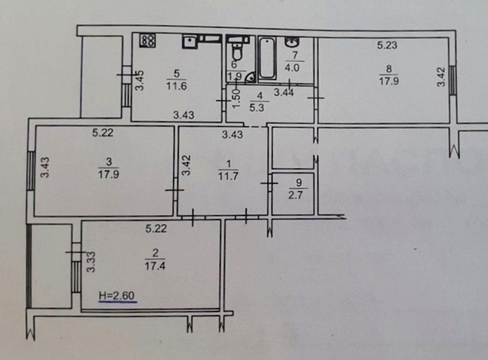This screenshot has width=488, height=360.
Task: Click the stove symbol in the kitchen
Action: pyautogui.click(x=147, y=40)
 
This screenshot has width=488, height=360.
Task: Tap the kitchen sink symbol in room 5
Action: pyautogui.click(x=190, y=42)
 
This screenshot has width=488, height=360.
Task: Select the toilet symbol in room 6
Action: pyautogui.click(x=237, y=52)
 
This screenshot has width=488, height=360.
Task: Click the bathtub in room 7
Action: pyautogui.click(x=267, y=58)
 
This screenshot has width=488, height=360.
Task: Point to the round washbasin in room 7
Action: pyautogui.click(x=292, y=42)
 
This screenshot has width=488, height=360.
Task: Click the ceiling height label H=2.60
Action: pyautogui.click(x=117, y=296)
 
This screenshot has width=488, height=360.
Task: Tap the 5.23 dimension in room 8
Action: pyautogui.click(x=387, y=45)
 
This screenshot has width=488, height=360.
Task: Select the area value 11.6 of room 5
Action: pyautogui.click(x=176, y=86)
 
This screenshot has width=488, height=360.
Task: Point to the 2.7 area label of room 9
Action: pyautogui.click(x=295, y=195)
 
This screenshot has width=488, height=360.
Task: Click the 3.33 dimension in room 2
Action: pyautogui.click(x=91, y=262)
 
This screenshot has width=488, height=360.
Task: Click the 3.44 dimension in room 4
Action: pyautogui.click(x=283, y=92)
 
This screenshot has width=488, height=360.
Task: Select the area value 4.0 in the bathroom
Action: pyautogui.click(x=292, y=68)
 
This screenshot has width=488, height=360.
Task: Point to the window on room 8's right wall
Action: pyautogui.click(x=452, y=80)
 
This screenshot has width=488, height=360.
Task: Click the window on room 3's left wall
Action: pyautogui.click(x=31, y=171)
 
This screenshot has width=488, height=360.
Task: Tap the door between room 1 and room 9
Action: pyautogui.click(x=270, y=182)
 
